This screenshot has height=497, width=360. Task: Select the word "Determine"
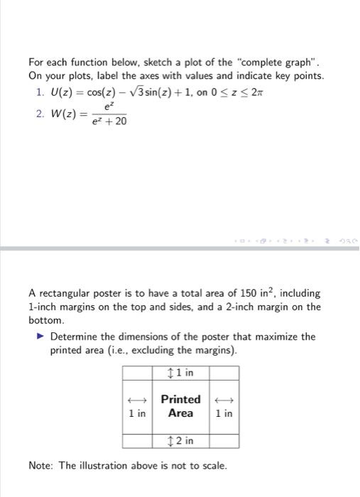[x=77, y=337]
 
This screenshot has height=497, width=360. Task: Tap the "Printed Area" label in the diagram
[x=180, y=405]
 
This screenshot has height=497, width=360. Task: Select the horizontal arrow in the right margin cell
[x=224, y=399]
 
